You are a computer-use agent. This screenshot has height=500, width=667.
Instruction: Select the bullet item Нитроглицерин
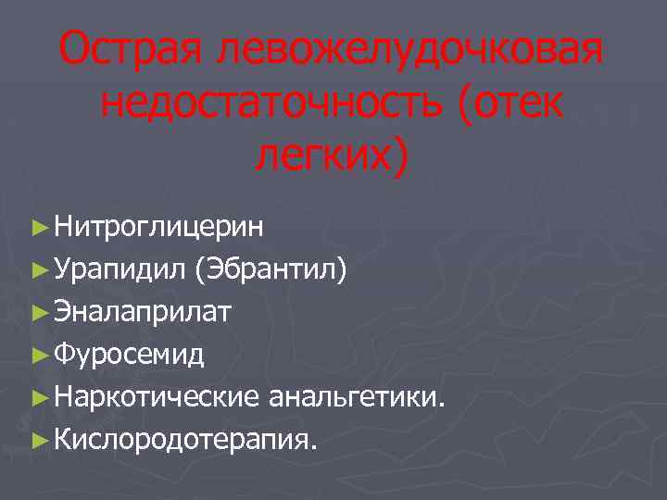(x=158, y=226)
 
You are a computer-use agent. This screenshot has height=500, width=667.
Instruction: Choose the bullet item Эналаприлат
(x=143, y=312)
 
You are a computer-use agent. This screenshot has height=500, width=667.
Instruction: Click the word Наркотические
(x=157, y=397)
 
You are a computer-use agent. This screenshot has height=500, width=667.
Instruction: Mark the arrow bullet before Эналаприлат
(x=38, y=313)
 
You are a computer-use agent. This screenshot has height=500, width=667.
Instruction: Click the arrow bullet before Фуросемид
(x=38, y=354)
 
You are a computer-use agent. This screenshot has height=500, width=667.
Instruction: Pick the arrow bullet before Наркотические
(x=38, y=398)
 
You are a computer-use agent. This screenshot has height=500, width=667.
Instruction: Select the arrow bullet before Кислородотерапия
(x=38, y=439)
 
